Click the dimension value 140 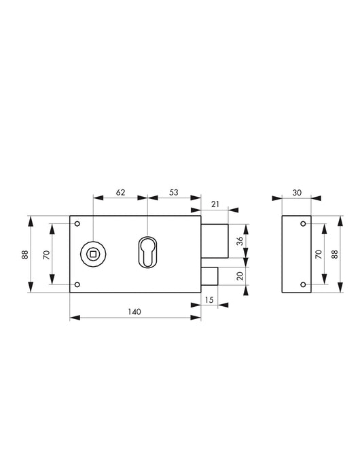coord(134,312)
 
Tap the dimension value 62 coord(120,193)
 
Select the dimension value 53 coord(174,193)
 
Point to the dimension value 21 coord(215,204)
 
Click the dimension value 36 coord(240,240)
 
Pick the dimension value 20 coord(240,276)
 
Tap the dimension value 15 coord(209,300)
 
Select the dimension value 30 coord(297,193)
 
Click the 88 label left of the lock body coord(25,255)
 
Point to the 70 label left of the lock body coord(47,255)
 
